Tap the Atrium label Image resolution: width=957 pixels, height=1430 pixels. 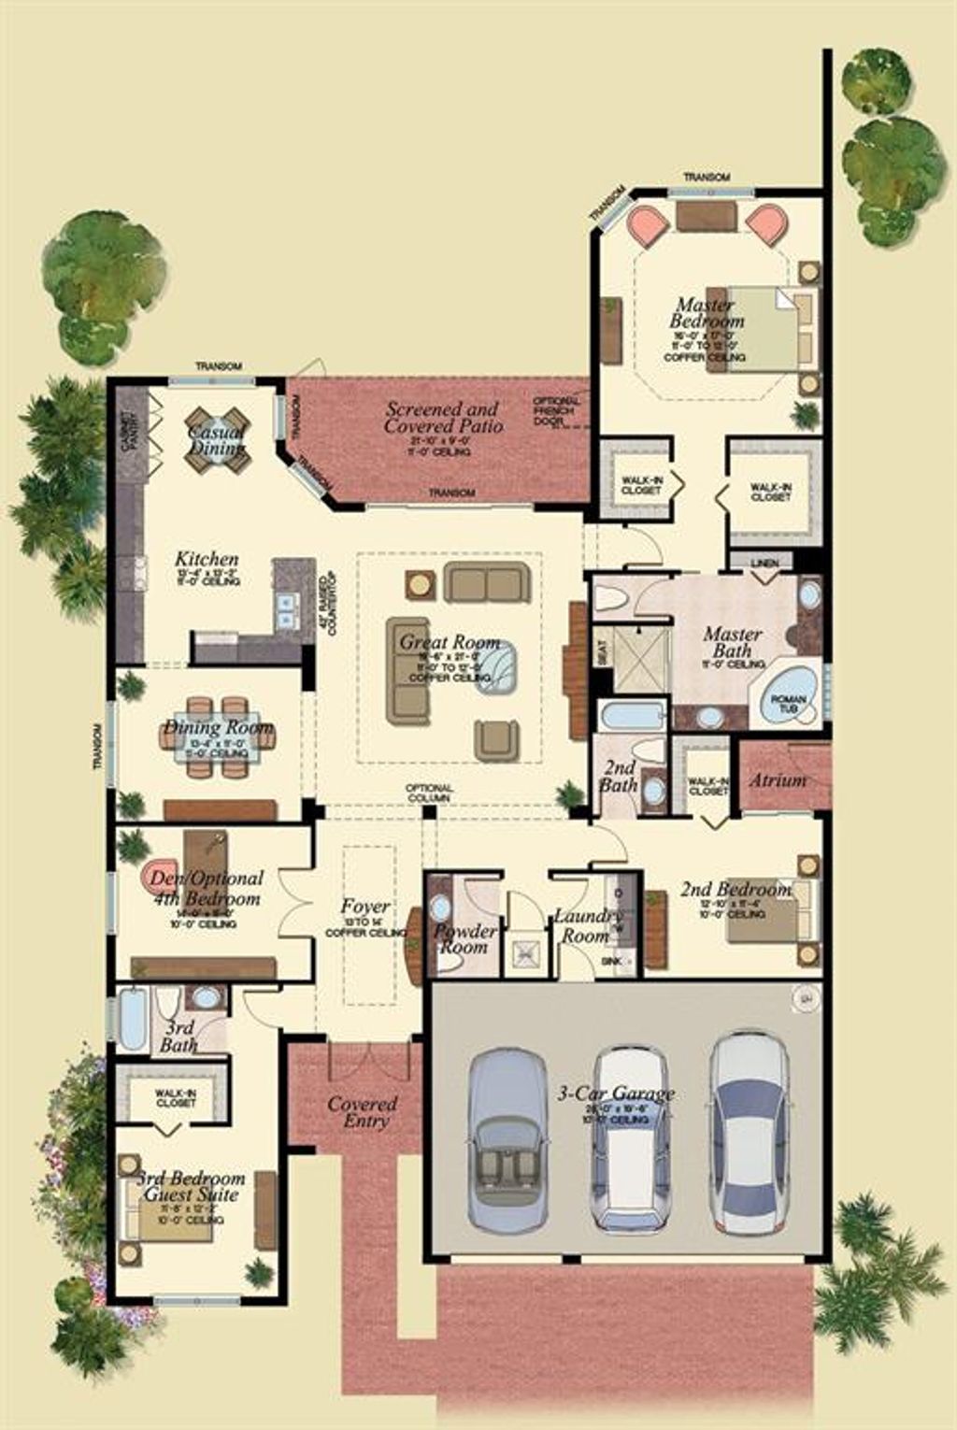point(778,779)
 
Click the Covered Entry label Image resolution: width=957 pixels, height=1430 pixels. point(362,1112)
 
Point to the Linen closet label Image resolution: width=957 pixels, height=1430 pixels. point(766,561)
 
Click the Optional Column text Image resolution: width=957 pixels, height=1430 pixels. point(429,793)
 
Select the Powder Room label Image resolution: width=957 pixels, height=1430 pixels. point(464,938)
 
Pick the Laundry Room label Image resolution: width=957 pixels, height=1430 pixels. point(586,925)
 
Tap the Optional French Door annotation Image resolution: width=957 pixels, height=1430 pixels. point(556,411)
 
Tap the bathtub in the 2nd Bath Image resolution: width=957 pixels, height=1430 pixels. point(631,718)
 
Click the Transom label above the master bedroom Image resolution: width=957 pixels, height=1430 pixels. point(706,177)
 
